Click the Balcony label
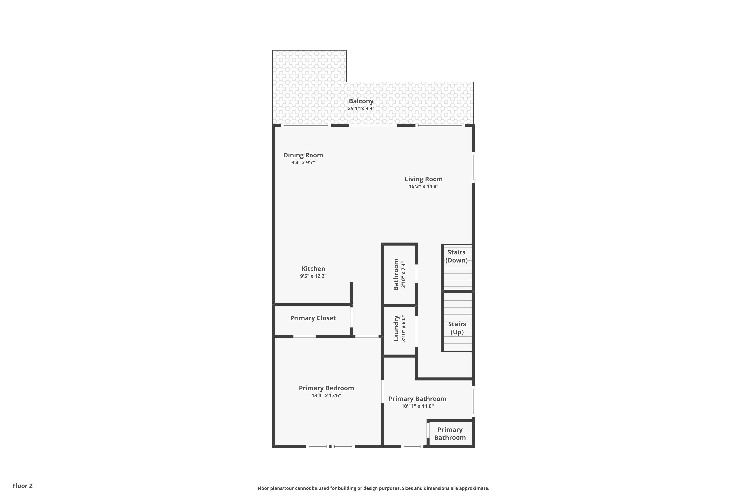point(361,101)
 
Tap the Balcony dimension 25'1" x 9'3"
point(361,109)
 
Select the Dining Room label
point(303,155)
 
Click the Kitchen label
point(313,269)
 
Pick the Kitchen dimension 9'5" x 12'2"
point(313,276)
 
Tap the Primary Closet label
point(313,318)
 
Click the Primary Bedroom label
point(326,388)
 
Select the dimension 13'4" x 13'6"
point(326,396)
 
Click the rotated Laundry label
point(396,328)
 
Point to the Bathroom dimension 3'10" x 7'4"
point(403,275)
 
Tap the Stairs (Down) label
point(456,256)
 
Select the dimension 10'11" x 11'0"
point(417,406)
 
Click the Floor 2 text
point(23,486)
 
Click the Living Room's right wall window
point(473,167)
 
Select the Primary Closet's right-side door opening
point(352,317)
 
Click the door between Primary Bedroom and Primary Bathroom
point(383,392)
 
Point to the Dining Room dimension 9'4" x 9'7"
point(303,163)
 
